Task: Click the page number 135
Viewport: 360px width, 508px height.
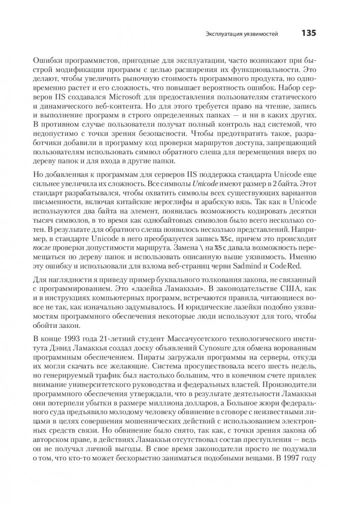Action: point(309,33)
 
